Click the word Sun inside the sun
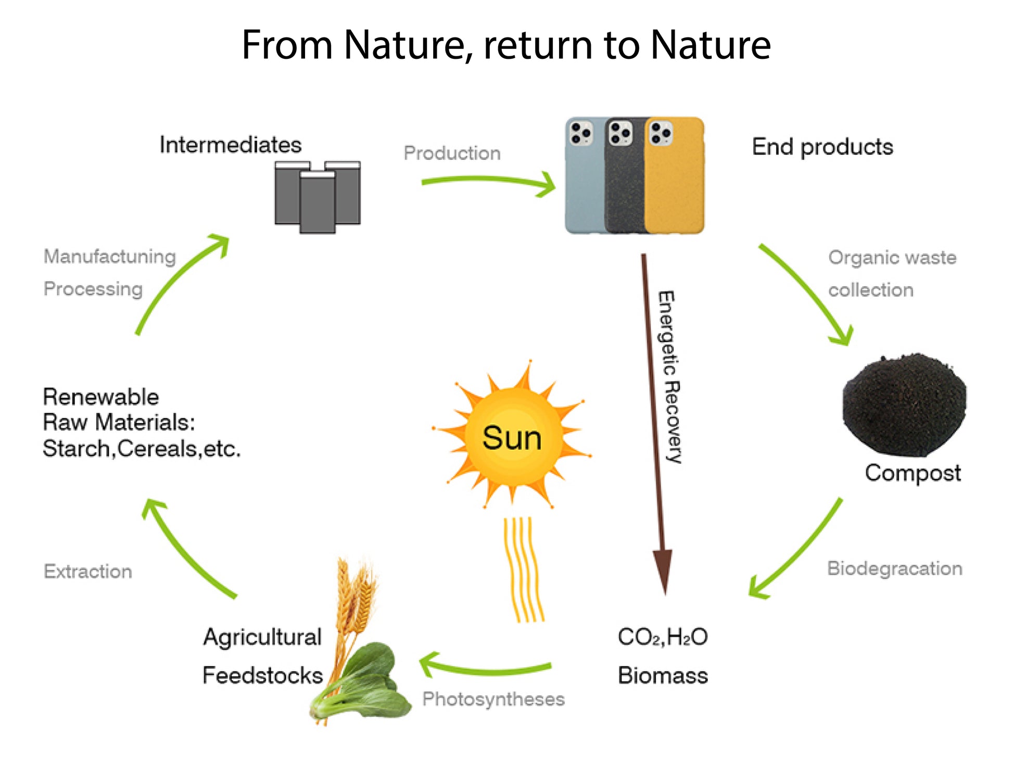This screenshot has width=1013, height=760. pos(512,438)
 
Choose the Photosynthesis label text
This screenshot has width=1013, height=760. pos(493,699)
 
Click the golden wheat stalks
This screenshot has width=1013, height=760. pos(354,599)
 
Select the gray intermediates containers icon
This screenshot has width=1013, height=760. pos(318,196)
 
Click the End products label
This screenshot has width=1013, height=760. pos(822,147)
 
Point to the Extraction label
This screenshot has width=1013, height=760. pos(88,571)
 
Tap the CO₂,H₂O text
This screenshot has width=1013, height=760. pos(662,637)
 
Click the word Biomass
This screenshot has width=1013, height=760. pos(662,675)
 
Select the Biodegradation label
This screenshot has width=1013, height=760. pos(894,568)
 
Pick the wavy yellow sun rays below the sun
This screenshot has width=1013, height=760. pos(523,570)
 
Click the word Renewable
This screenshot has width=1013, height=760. pos(100,397)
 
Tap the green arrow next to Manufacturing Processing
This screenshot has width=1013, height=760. pos(177,284)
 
